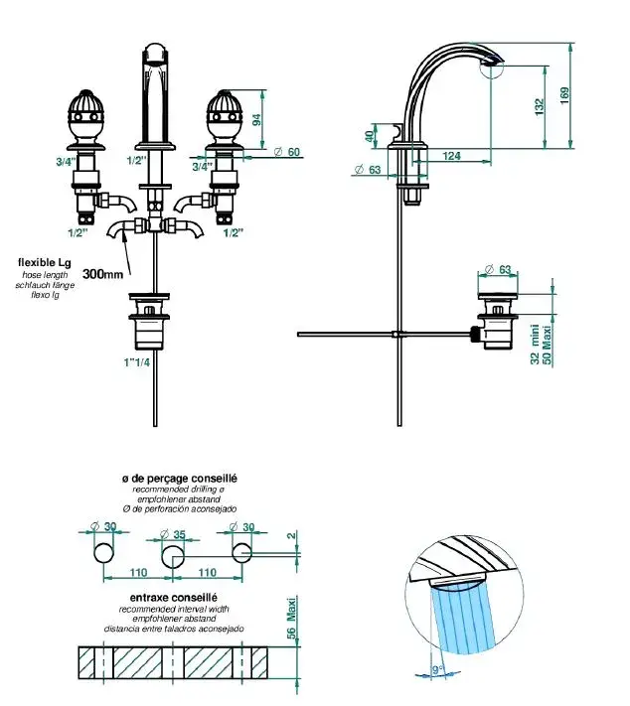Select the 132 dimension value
tap(538, 105)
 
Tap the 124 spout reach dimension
tap(451, 155)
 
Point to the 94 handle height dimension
tap(256, 121)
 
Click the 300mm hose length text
tap(104, 273)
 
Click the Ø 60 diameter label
tap(287, 152)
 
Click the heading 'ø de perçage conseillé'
tap(180, 479)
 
